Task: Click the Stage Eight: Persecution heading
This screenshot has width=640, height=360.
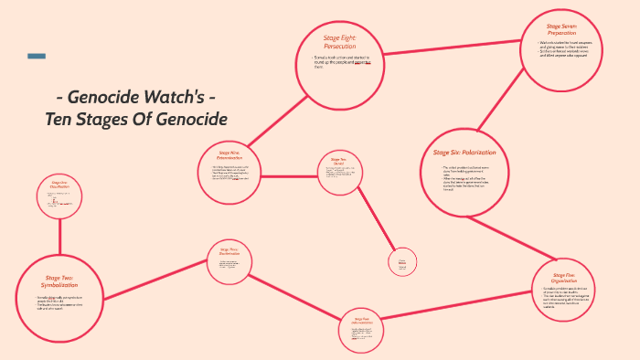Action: pyautogui.click(x=339, y=41)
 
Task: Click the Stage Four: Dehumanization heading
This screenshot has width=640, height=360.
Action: pyautogui.click(x=348, y=321)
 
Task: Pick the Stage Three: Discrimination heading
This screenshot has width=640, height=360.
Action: pyautogui.click(x=229, y=251)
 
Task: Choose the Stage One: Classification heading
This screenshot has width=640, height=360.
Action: pyautogui.click(x=60, y=185)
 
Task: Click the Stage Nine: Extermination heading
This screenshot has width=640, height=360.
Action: pyautogui.click(x=229, y=155)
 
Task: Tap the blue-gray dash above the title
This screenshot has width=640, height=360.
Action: pyautogui.click(x=37, y=57)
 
